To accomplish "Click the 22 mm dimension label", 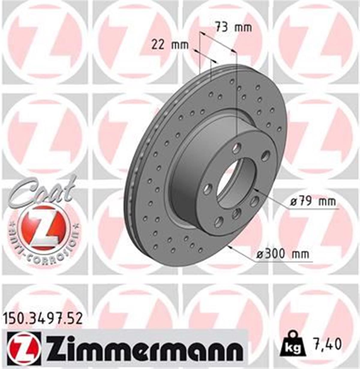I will pos(170,45).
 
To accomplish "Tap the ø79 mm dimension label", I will pos(313,201).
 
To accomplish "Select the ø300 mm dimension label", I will pos(283,254).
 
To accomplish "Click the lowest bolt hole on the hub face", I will pos(219,222).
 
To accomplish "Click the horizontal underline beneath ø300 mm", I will pos(283,262).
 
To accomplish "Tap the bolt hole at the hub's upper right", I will pos(265,155).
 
